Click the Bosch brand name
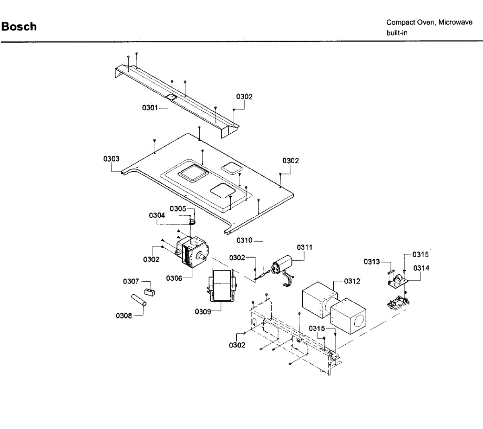19,27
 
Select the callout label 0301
150,108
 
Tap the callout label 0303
111,159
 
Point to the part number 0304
157,216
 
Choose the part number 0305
178,209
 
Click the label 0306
174,278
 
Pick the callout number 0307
131,281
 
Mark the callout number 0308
124,316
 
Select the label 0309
202,312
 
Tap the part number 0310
244,240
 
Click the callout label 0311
305,247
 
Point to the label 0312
352,281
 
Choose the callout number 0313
372,262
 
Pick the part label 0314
421,268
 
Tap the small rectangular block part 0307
149,291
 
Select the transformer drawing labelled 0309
222,285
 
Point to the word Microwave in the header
455,23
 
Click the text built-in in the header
397,33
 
